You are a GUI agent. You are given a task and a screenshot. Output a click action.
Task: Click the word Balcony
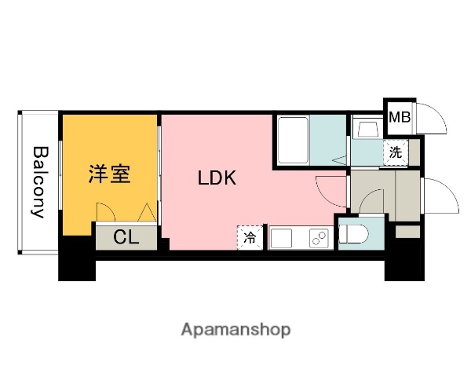pyautogui.click(x=38, y=181)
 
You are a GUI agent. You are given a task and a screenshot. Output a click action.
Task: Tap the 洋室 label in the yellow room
pyautogui.click(x=108, y=174)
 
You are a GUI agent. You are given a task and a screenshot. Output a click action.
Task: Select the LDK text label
pyautogui.click(x=216, y=178)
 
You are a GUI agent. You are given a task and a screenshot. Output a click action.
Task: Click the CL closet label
pyautogui.click(x=126, y=237)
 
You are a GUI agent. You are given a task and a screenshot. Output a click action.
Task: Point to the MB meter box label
pyautogui.click(x=400, y=119)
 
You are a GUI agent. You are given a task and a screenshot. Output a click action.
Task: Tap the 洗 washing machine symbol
pyautogui.click(x=395, y=152)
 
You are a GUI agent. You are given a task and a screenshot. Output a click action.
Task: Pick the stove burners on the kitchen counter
pyautogui.click(x=319, y=237)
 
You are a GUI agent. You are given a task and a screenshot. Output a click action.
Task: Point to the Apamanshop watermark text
pyautogui.click(x=235, y=329)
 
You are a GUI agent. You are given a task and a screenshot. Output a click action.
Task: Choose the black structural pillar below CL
pyautogui.click(x=76, y=259)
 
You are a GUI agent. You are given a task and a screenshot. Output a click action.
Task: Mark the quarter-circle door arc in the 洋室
pyautogui.click(x=103, y=211)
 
